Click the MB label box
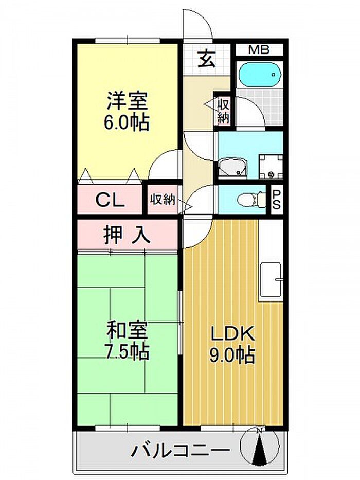[x=259, y=49]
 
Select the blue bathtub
[x=260, y=75]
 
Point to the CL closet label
[x=110, y=200]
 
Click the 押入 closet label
[x=127, y=235]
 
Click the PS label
[x=277, y=200]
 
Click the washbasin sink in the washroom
[x=232, y=168]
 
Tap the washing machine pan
[x=271, y=167]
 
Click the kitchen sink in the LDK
[x=271, y=280]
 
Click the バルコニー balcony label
[x=181, y=450]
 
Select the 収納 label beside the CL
[x=163, y=200]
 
